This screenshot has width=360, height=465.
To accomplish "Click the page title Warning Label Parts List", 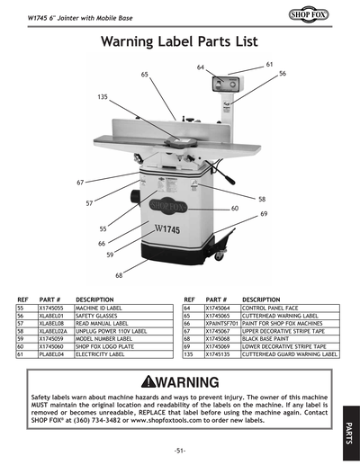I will pos(179,41).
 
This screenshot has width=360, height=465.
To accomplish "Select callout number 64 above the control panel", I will pos(201,67).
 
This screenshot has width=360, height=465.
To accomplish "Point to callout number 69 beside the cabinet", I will pos(264,213).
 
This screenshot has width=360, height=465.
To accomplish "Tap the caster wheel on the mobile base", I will pos(219,255).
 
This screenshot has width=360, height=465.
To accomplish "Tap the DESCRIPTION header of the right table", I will pos(262,300).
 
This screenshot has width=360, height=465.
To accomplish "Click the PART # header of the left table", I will pos(50,300).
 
